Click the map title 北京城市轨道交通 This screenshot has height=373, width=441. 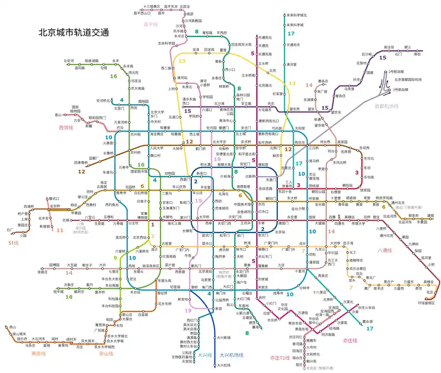(73, 33)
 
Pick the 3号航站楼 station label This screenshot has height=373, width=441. (401, 89)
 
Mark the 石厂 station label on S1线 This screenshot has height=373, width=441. (10, 229)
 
